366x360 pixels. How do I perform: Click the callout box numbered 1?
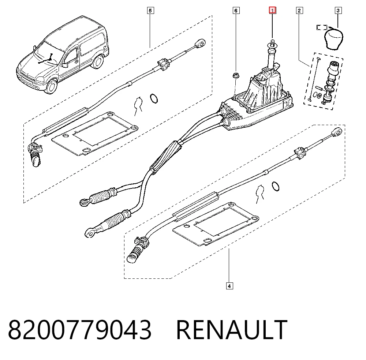[x=272, y=10]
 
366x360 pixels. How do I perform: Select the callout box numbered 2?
[x=299, y=11]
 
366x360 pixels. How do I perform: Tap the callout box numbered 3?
[x=338, y=11]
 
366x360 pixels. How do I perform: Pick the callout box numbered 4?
[x=229, y=286]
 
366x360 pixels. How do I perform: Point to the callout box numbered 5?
[x=150, y=11]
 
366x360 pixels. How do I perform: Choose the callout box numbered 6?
[x=236, y=11]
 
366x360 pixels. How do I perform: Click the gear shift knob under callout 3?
[x=333, y=38]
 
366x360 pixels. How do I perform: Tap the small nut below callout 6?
[x=235, y=75]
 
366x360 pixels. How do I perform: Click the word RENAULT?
[x=232, y=330]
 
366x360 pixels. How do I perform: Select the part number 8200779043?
[x=80, y=330]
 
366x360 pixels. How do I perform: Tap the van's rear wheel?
[x=98, y=61]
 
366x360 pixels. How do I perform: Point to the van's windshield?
[x=49, y=54]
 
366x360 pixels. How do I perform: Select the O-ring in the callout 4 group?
[x=276, y=187]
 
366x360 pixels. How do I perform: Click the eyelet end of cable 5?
[x=200, y=44]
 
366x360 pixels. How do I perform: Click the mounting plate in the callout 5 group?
[x=94, y=134]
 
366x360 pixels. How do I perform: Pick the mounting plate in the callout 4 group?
[x=216, y=224]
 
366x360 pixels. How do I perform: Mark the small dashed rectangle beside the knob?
[x=322, y=27]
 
